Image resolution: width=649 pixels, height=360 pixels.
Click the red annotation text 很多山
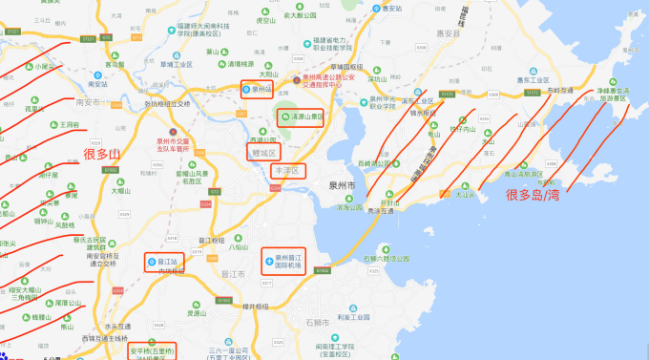[103, 153]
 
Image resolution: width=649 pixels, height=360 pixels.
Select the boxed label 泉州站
[258, 90]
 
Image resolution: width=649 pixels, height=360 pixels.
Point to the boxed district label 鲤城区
[262, 152]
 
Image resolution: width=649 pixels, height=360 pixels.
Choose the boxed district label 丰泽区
[285, 171]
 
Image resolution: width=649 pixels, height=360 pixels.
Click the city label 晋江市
[234, 273]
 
